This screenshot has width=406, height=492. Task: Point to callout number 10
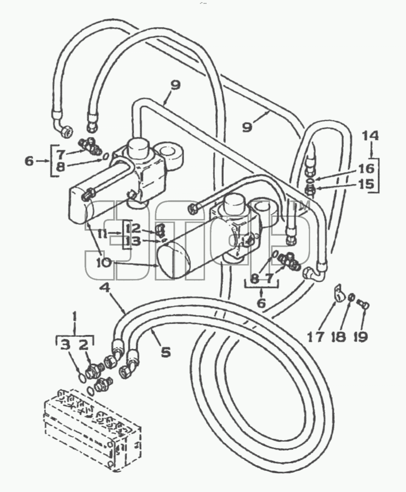(103, 262)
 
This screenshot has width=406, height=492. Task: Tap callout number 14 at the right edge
(370, 136)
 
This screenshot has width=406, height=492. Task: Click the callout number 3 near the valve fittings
(66, 346)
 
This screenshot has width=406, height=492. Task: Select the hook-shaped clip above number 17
(339, 293)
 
